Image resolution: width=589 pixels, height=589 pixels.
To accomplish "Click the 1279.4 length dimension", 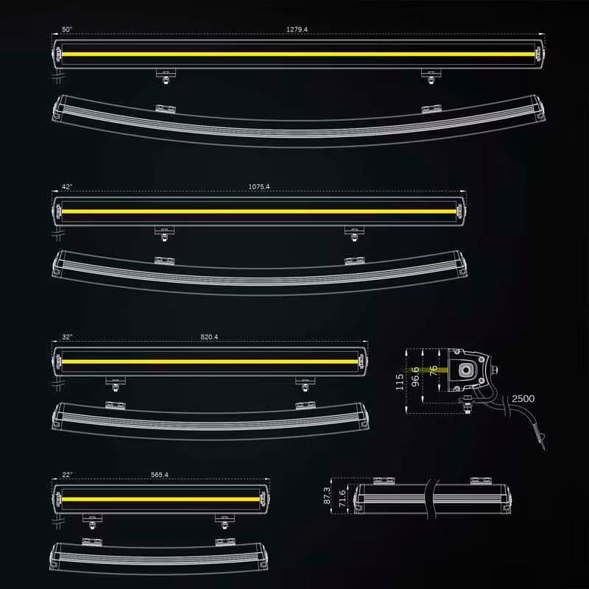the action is pyautogui.click(x=297, y=29).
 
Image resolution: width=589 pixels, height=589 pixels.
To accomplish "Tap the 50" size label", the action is pyautogui.click(x=67, y=29).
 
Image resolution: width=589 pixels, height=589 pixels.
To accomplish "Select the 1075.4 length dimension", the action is pyautogui.click(x=259, y=187).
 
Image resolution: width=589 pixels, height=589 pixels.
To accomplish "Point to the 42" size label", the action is pyautogui.click(x=67, y=187).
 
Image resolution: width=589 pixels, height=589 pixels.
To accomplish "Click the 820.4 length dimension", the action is pyautogui.click(x=209, y=337).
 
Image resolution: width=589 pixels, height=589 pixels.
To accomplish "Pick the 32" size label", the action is pyautogui.click(x=67, y=337).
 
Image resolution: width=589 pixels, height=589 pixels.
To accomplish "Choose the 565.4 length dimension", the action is pyautogui.click(x=160, y=475).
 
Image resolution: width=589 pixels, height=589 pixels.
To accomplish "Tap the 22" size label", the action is pyautogui.click(x=67, y=475).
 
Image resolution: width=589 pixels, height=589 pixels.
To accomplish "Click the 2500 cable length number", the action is pyautogui.click(x=523, y=398).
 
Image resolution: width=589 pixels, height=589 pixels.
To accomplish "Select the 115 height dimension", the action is pyautogui.click(x=399, y=381).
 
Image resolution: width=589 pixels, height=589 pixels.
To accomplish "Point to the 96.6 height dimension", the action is pyautogui.click(x=415, y=377).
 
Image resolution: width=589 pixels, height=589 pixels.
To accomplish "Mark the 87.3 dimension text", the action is pyautogui.click(x=327, y=495).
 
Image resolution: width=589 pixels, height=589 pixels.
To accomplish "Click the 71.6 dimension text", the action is pyautogui.click(x=342, y=498).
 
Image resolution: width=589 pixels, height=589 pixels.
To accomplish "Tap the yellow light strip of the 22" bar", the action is pyautogui.click(x=161, y=500).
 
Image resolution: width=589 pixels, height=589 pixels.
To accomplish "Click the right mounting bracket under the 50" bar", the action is pyautogui.click(x=431, y=76).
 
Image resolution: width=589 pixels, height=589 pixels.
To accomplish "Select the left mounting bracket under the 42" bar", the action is pyautogui.click(x=164, y=233).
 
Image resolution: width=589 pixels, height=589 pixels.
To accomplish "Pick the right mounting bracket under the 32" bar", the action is pyautogui.click(x=305, y=384).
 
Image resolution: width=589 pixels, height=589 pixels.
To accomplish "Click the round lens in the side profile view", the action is pyautogui.click(x=466, y=370).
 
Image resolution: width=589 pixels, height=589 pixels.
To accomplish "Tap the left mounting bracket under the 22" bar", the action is pyautogui.click(x=93, y=521).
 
